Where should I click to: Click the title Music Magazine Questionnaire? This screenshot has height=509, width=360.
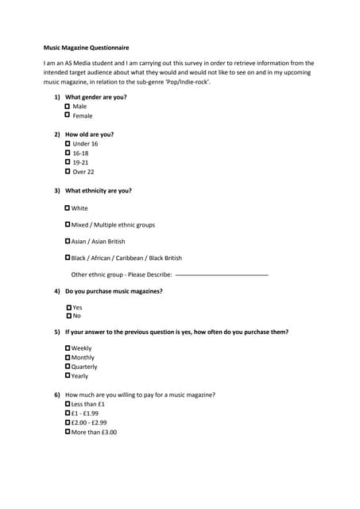85,48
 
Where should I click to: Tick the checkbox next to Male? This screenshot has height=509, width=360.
67,106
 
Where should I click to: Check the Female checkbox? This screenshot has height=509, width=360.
67,115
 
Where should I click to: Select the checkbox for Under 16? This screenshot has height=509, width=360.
67,143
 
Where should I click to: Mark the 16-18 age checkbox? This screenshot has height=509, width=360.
67,153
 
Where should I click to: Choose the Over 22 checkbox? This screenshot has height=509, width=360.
67,171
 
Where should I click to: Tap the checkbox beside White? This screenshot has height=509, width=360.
68,208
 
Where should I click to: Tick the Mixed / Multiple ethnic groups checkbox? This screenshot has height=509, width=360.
68,224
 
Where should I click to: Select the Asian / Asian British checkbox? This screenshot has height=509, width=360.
68,241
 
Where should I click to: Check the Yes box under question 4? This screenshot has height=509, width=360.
69,307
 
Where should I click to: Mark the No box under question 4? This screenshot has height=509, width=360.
69,316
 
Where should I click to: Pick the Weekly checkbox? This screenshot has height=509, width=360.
68,348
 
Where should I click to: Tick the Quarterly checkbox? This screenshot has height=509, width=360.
68,367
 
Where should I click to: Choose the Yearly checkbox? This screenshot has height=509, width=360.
68,375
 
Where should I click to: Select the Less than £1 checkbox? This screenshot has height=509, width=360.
68,404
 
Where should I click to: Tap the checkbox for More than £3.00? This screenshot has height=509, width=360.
68,432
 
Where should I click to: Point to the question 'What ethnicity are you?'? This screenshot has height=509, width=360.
98,191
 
